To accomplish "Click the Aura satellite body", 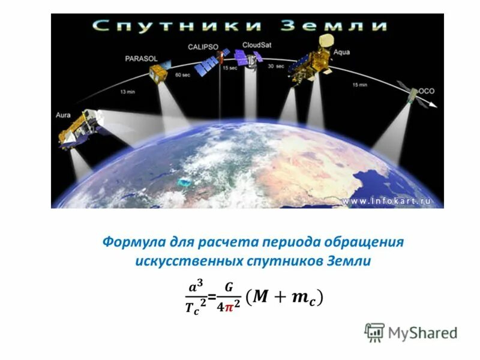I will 79,128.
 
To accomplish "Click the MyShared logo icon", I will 374,332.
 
